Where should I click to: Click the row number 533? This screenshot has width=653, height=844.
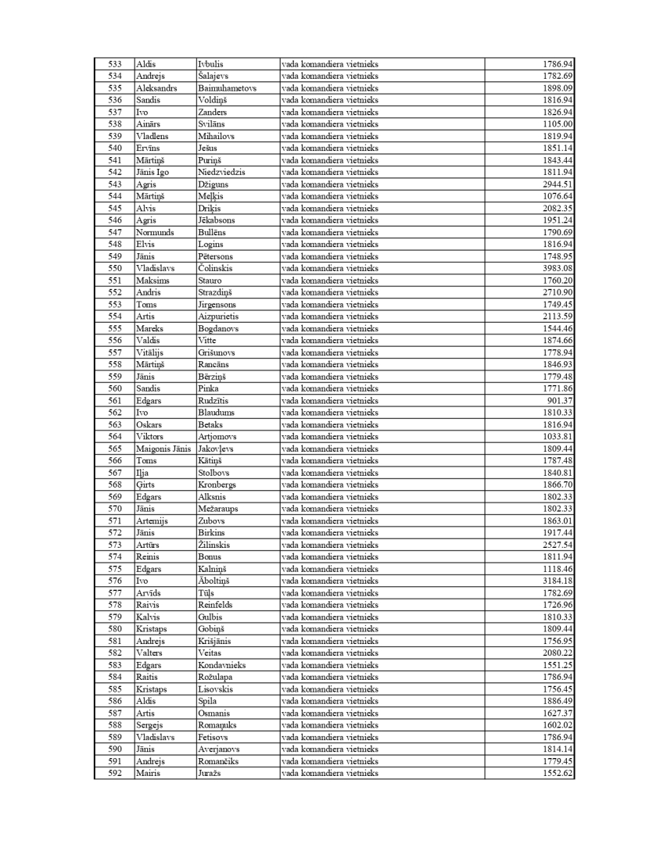114,64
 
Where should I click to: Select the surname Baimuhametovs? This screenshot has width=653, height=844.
227,88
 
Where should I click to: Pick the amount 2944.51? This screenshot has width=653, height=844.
558,184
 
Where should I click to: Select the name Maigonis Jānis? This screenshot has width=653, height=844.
163,449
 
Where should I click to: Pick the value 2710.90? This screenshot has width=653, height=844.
558,292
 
